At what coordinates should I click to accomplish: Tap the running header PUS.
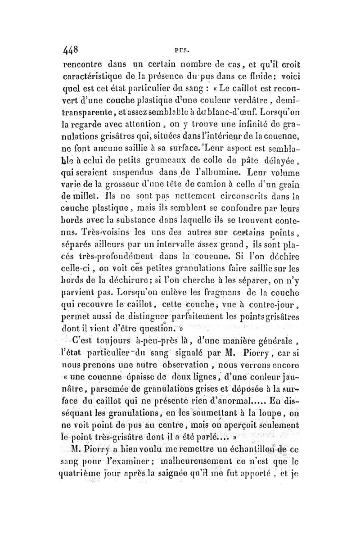pos(185,46)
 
